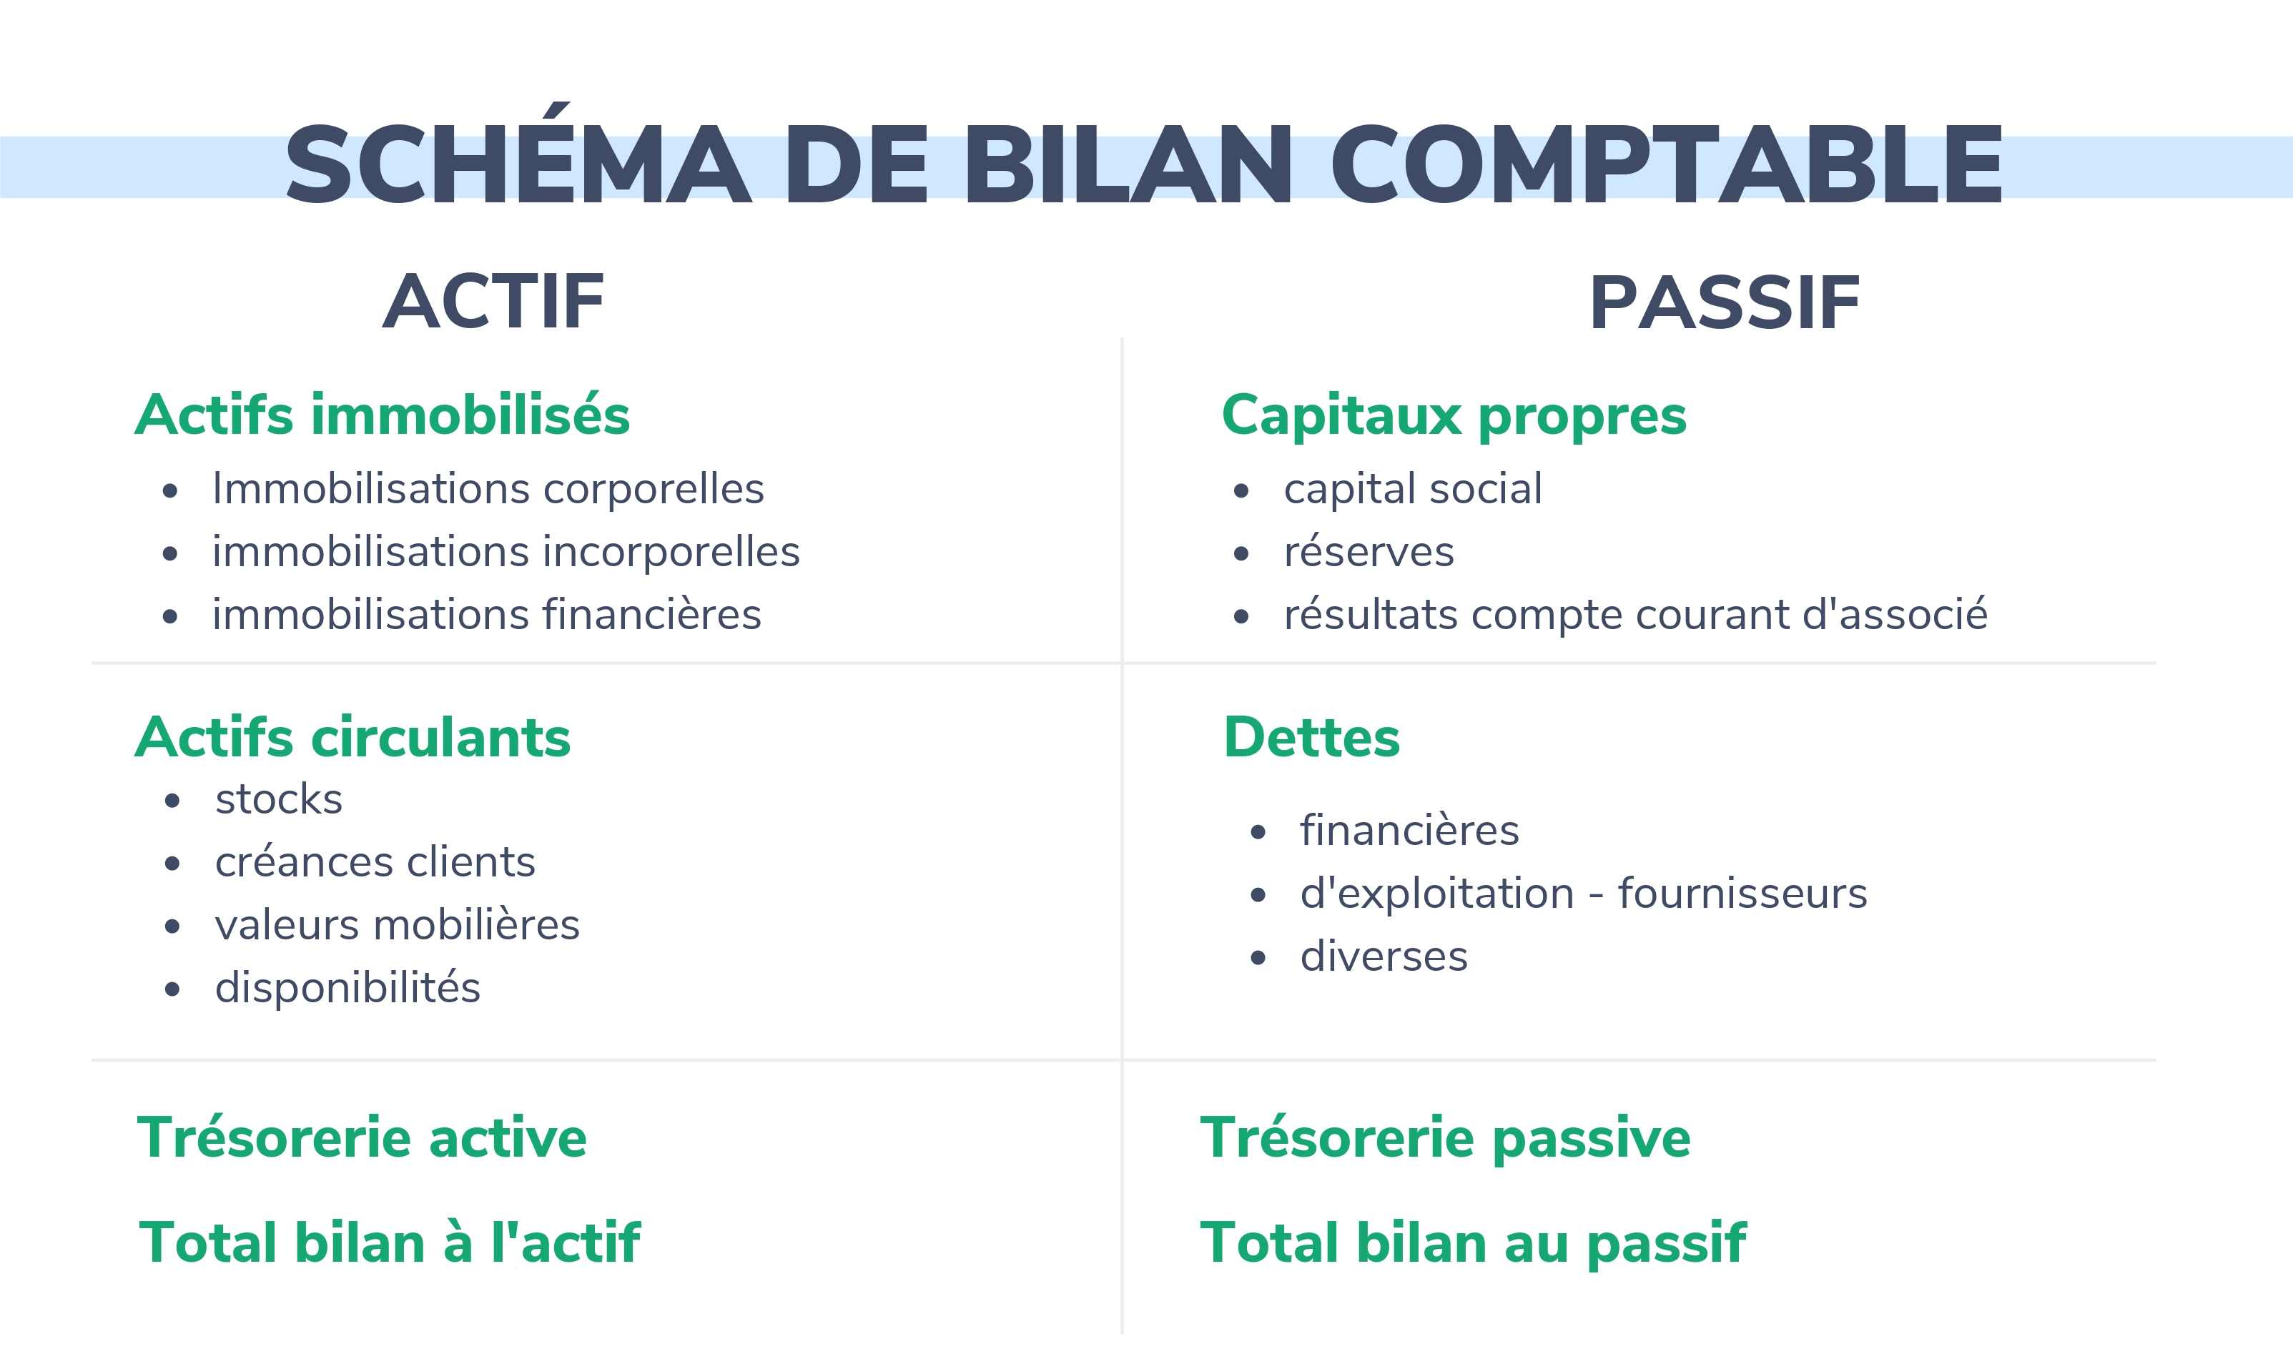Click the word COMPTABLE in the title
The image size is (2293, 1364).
pyautogui.click(x=1666, y=164)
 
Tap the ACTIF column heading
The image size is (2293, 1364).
pyautogui.click(x=493, y=302)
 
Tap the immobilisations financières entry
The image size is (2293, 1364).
pyautogui.click(x=487, y=615)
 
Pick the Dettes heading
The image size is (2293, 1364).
pyautogui.click(x=1311, y=737)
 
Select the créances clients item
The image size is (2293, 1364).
pyautogui.click(x=375, y=862)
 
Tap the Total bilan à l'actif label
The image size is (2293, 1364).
pyautogui.click(x=390, y=1242)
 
